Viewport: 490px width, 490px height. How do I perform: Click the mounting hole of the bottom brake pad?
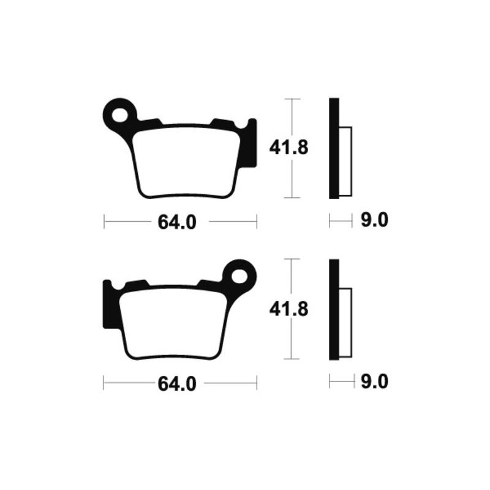pos(240,274)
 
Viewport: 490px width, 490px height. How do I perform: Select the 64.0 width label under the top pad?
pos(177,222)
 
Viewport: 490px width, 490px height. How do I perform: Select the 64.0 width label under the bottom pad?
pos(177,383)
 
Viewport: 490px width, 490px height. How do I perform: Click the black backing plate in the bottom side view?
pos(334,310)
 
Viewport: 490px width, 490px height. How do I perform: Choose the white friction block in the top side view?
pos(345,161)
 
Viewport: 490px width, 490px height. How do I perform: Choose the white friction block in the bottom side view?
pos(345,323)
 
